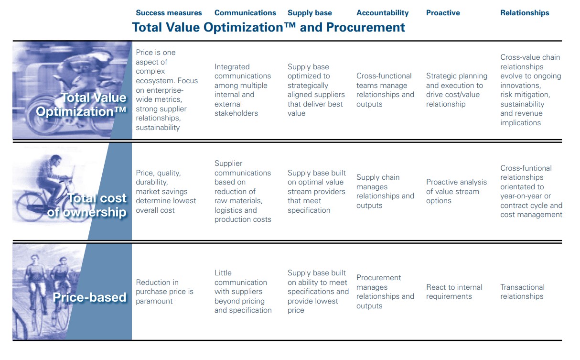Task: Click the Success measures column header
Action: pyautogui.click(x=169, y=13)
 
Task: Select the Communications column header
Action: pyautogui.click(x=245, y=13)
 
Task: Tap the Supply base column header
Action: pyautogui.click(x=310, y=13)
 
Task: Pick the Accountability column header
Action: pyautogui.click(x=382, y=13)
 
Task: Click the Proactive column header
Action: pyautogui.click(x=443, y=13)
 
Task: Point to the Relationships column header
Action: pyautogui.click(x=525, y=13)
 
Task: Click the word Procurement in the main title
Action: pyautogui.click(x=365, y=27)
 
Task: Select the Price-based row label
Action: pyautogui.click(x=89, y=297)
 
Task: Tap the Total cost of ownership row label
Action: pyautogui.click(x=87, y=205)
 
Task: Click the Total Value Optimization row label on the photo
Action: pyautogui.click(x=81, y=105)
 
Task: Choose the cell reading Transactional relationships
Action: pyautogui.click(x=522, y=292)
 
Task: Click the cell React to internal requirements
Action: pyautogui.click(x=454, y=292)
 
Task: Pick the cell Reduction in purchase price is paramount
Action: pyautogui.click(x=164, y=292)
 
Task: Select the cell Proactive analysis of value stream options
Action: pyautogui.click(x=456, y=191)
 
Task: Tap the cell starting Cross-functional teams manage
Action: pyautogui.click(x=385, y=90)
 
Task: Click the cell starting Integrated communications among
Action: pyautogui.click(x=243, y=90)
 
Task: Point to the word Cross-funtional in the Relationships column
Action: pyautogui.click(x=526, y=168)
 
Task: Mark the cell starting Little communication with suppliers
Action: pyautogui.click(x=243, y=292)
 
